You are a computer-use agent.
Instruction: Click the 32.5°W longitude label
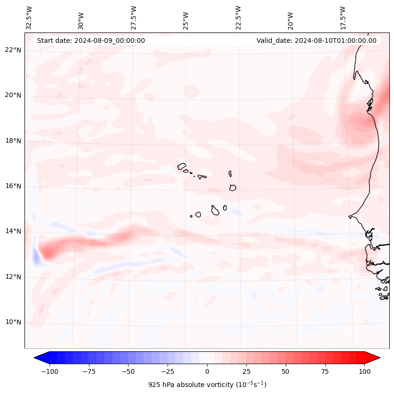(x=29, y=18)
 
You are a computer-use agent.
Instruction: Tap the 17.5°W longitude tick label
(x=343, y=18)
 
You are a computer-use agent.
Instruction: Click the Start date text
(x=91, y=40)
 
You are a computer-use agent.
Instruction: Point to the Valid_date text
(x=316, y=40)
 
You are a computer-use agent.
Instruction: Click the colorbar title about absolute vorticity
(x=207, y=385)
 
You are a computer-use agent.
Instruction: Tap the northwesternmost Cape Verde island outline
(x=182, y=166)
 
